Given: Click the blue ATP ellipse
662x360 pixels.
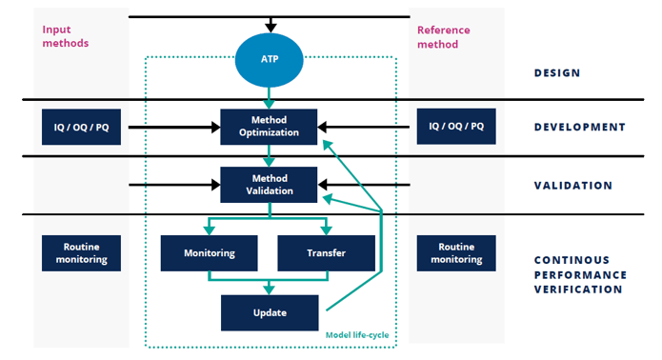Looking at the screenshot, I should [x=270, y=59].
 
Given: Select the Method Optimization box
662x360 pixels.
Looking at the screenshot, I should [x=270, y=127].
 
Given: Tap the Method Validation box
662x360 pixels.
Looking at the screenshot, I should [x=270, y=184].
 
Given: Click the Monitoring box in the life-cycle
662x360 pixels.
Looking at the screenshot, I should [x=209, y=253].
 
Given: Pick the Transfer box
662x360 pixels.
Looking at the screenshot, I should [x=328, y=253].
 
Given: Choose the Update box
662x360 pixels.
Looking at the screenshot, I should [x=269, y=312].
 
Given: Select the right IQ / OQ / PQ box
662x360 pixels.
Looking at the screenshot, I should [x=455, y=126].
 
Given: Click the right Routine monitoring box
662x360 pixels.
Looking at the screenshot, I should [x=455, y=252].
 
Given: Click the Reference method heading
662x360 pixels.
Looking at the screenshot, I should [x=444, y=36].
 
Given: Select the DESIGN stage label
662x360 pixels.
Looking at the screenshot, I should [x=557, y=73].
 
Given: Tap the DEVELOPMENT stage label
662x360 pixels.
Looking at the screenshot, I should [x=579, y=127].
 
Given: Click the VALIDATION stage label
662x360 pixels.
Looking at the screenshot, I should [x=572, y=186].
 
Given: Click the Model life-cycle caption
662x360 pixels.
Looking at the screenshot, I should [x=358, y=334].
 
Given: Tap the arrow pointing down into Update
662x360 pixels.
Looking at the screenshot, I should [x=269, y=287].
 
